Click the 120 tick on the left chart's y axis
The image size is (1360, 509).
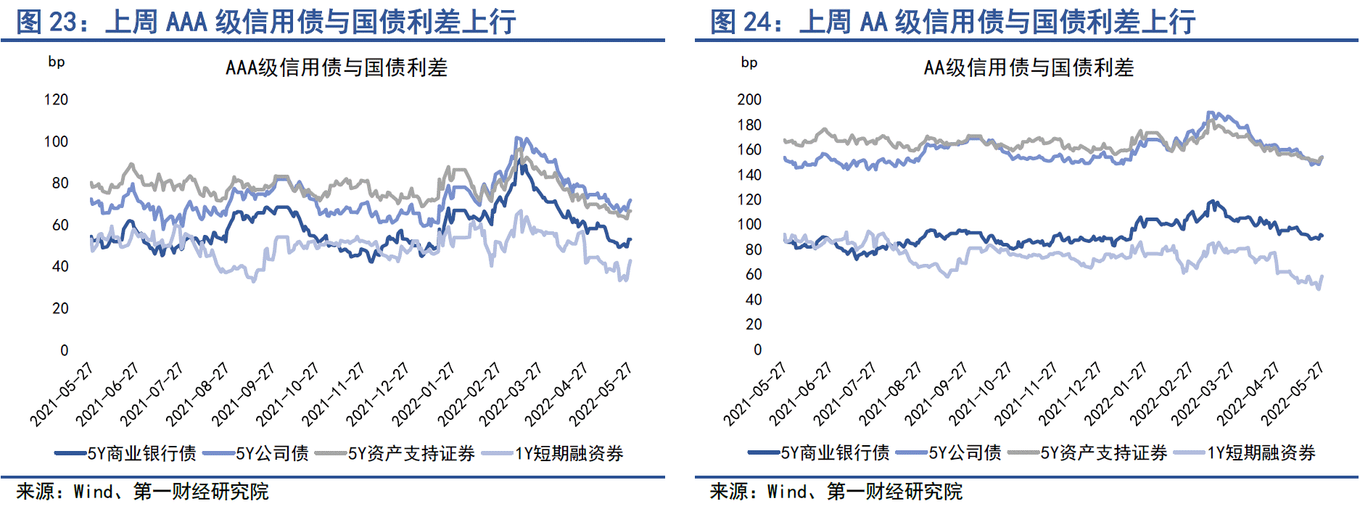point(56,99)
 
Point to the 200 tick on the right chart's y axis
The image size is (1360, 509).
point(749,99)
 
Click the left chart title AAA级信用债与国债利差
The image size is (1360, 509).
point(337,67)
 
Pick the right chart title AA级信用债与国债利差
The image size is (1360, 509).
point(1029,67)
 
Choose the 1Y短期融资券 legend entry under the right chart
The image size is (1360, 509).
point(1261,453)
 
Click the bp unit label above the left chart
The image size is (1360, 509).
point(57,62)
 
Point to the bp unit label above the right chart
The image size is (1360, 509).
point(749,62)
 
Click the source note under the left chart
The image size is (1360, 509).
point(142,492)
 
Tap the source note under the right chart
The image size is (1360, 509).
point(836,492)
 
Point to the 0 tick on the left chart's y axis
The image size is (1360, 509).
point(64,350)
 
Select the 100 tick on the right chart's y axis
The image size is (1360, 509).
point(749,225)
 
